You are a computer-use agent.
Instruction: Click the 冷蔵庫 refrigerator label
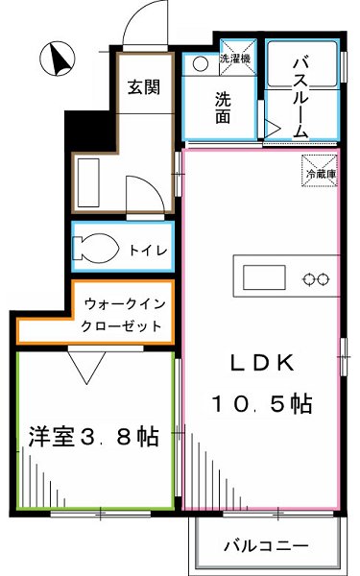click(x=320, y=174)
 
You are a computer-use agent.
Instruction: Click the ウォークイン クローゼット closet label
click(x=123, y=312)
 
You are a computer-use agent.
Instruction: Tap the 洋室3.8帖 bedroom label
click(x=93, y=438)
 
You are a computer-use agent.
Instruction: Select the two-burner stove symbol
click(x=317, y=279)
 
